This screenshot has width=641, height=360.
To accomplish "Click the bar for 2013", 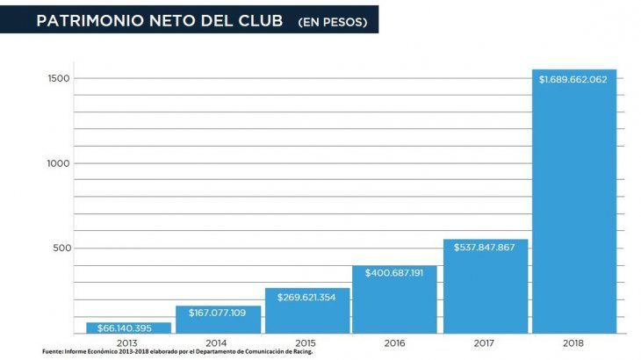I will click(x=128, y=328).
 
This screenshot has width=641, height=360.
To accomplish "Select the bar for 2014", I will click(x=218, y=320).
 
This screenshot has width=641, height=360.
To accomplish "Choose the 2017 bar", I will click(x=486, y=286).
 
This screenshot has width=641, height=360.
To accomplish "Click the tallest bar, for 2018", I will click(x=574, y=202).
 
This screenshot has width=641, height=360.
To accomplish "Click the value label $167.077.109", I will click(x=218, y=313).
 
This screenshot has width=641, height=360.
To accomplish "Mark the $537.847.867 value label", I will click(x=486, y=247).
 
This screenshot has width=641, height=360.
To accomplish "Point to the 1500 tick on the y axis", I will click(x=59, y=78).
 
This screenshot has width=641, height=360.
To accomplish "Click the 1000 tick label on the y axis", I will click(x=59, y=163).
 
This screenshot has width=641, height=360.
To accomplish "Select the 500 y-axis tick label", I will click(x=62, y=248).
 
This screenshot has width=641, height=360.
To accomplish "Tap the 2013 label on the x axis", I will click(x=128, y=342).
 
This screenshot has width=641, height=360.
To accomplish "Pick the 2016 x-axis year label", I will click(x=395, y=342).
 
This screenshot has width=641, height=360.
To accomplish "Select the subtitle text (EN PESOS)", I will click(x=332, y=21).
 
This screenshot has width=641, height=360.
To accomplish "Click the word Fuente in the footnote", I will click(x=53, y=352).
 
